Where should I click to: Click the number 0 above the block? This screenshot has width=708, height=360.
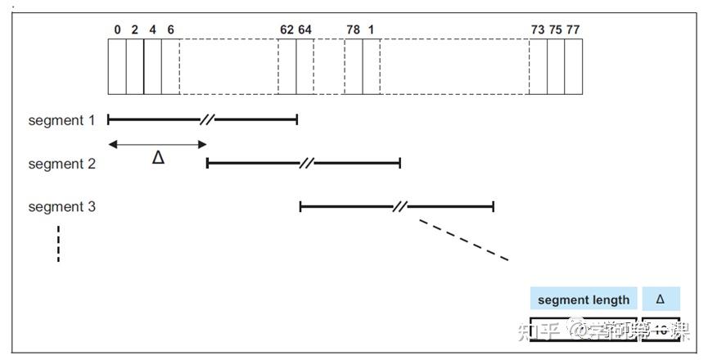[x=117, y=29]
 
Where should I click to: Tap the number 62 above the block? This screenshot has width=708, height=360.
[x=286, y=29]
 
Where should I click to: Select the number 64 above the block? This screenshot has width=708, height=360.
[x=304, y=29]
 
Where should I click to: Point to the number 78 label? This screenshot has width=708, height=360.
[x=353, y=29]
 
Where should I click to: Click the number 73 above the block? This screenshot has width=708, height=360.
[x=538, y=29]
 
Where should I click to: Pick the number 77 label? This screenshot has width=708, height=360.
[x=573, y=29]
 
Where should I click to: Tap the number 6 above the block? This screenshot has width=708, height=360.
[x=170, y=29]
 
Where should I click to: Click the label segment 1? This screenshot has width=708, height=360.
[x=62, y=120]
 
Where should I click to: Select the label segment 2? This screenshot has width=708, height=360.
[x=62, y=164]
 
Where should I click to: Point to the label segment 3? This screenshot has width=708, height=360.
[x=62, y=207]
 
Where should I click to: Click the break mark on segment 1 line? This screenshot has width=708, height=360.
[x=207, y=120]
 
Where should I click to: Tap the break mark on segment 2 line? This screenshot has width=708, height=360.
[x=306, y=164]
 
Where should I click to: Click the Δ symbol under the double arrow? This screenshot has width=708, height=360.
[x=159, y=158]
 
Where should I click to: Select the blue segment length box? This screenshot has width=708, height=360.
[x=584, y=299]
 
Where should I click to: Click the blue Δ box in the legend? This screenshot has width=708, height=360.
[x=661, y=299]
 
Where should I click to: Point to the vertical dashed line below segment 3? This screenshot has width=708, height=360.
[x=59, y=244]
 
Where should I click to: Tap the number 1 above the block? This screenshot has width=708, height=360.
[x=372, y=29]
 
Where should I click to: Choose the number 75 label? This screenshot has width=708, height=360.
[x=556, y=29]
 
